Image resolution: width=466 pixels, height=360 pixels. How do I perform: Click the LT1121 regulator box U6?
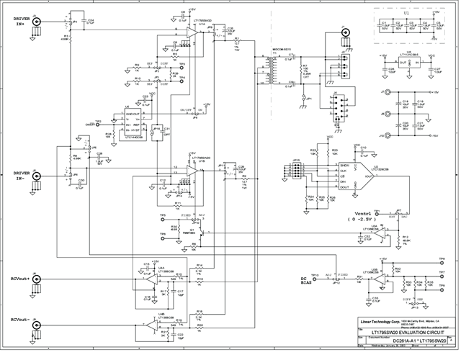point(408,62)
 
